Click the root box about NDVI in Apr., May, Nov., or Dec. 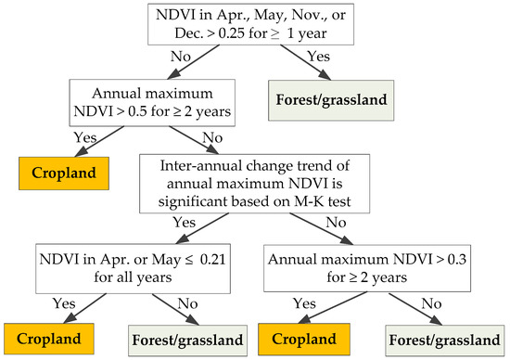click(x=250, y=24)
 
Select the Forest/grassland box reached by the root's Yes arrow click(x=331, y=100)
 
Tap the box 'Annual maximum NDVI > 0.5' click(x=152, y=103)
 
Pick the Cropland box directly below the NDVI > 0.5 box click(x=64, y=174)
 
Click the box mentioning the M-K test click(x=255, y=184)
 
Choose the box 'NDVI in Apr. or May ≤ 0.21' click(x=133, y=268)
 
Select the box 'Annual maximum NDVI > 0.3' click(x=367, y=268)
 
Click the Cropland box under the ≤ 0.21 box click(x=49, y=339)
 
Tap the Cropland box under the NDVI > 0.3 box click(x=304, y=340)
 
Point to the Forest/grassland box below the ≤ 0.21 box click(x=187, y=341)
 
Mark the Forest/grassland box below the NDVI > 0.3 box click(x=444, y=341)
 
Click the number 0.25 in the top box click(x=231, y=33)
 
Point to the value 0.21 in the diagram click(x=212, y=260)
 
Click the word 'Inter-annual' click(x=200, y=166)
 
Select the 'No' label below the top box click(x=181, y=57)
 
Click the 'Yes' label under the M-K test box click(x=185, y=223)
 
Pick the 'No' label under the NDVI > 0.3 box click(x=431, y=303)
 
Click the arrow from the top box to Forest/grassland click(x=306, y=62)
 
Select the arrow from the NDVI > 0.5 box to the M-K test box click(x=194, y=140)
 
